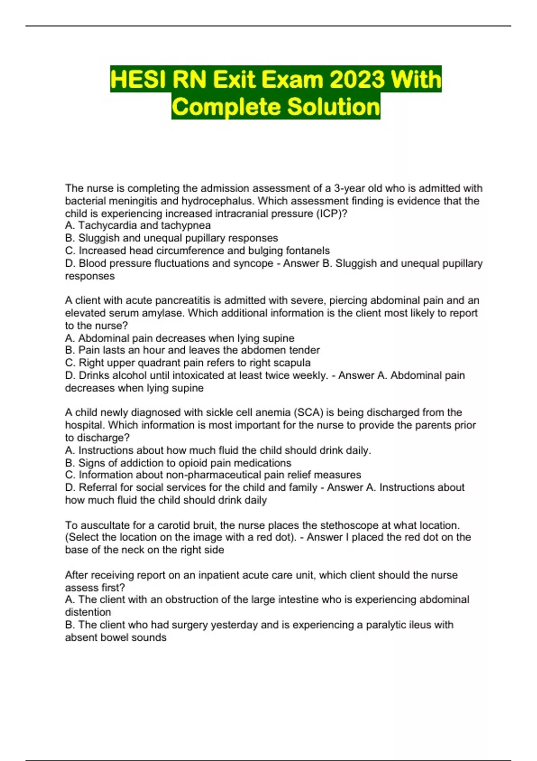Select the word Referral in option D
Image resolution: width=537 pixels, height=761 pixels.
tap(98, 487)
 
